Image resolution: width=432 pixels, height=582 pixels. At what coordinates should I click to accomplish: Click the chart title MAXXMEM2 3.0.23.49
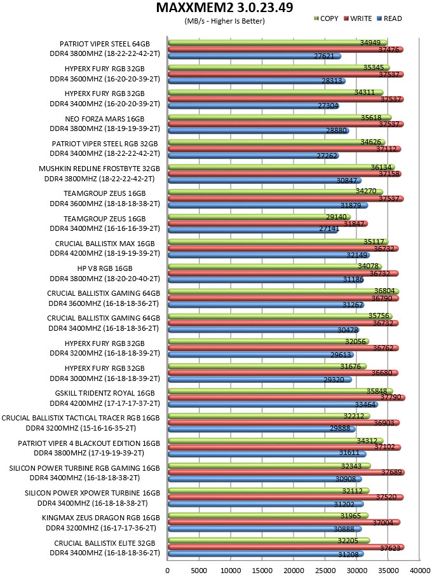point(224,8)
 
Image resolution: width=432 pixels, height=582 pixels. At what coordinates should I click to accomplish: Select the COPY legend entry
point(326,18)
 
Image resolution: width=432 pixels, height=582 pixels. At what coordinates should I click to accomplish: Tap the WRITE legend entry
point(358,18)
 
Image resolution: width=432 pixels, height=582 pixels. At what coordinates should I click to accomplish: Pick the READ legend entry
point(389,18)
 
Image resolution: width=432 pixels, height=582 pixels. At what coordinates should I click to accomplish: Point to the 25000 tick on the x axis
point(325,571)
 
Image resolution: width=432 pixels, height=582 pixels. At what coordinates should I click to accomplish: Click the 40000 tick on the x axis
point(420,571)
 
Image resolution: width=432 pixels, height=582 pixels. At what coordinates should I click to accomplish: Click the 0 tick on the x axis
point(168,571)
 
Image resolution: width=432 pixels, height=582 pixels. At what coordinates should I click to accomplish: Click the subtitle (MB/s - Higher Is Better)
point(225,21)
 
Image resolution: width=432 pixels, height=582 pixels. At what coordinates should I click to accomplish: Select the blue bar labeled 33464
point(273,405)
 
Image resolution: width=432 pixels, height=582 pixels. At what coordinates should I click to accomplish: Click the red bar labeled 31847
point(267,223)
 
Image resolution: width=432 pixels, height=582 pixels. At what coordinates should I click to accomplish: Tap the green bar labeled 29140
point(259,217)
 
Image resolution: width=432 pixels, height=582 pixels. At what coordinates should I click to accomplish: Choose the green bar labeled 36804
point(283,291)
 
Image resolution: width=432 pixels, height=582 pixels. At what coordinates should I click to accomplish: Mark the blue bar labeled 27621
point(254,56)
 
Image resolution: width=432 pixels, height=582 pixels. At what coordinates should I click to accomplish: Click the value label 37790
point(391,397)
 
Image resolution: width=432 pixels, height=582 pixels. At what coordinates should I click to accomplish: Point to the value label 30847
point(346,181)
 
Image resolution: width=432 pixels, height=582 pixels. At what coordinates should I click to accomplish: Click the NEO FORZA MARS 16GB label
point(105,119)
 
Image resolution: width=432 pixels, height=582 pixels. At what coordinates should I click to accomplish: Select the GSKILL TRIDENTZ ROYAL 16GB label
point(105,393)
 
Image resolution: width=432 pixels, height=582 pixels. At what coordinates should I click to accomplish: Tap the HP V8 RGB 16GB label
point(105,268)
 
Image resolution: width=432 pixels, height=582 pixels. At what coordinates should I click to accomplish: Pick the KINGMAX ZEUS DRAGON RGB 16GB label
point(101,518)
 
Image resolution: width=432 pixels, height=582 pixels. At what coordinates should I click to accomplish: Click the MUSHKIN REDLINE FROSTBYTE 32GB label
point(99,169)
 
